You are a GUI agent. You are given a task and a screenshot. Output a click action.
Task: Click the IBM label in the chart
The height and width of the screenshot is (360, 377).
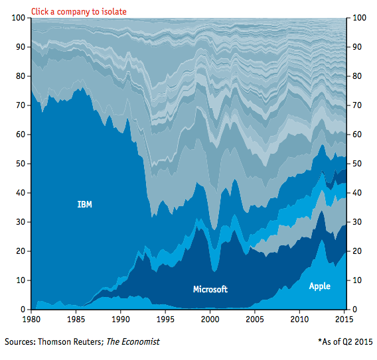(x=84, y=204)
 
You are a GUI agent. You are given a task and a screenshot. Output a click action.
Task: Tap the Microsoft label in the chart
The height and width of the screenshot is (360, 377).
(x=210, y=289)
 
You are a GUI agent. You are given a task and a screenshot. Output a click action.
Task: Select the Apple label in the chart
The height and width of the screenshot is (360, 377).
(x=319, y=286)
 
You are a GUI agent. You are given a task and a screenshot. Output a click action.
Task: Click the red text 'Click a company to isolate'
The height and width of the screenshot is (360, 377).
(x=79, y=11)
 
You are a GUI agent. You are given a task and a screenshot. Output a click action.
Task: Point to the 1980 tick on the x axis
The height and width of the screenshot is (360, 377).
(x=31, y=319)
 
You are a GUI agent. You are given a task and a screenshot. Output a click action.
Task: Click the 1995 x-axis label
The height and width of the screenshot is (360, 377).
(x=165, y=319)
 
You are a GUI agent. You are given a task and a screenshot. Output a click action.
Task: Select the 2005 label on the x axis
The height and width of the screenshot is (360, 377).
(x=255, y=319)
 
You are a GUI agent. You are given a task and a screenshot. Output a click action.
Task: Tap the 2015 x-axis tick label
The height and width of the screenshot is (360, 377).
(x=344, y=319)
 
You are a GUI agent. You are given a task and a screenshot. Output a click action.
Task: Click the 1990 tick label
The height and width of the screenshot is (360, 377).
(x=121, y=319)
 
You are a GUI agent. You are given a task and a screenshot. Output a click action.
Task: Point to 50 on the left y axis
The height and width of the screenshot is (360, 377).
(x=21, y=164)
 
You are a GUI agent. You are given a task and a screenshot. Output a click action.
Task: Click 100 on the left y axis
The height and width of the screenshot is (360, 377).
(x=19, y=17)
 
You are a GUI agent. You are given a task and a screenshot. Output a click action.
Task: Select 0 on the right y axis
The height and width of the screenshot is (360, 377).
(x=355, y=310)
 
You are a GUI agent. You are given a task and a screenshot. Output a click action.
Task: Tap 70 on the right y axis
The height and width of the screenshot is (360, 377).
(x=357, y=105)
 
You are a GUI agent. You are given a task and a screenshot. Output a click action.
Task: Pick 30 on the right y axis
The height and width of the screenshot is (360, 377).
(x=357, y=222)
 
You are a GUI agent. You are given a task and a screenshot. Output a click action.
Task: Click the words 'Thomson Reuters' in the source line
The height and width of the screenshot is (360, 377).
(x=71, y=341)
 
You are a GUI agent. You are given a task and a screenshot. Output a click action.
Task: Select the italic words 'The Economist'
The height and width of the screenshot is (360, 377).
(x=133, y=341)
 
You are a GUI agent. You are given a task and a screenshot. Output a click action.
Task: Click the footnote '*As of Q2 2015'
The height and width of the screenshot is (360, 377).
(x=345, y=341)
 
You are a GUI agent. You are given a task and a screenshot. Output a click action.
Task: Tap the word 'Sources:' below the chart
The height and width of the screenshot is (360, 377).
(x=20, y=341)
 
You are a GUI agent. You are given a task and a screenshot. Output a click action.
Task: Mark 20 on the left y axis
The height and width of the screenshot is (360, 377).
(x=21, y=251)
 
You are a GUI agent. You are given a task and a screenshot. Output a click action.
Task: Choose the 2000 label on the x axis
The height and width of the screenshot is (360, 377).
(x=210, y=319)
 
